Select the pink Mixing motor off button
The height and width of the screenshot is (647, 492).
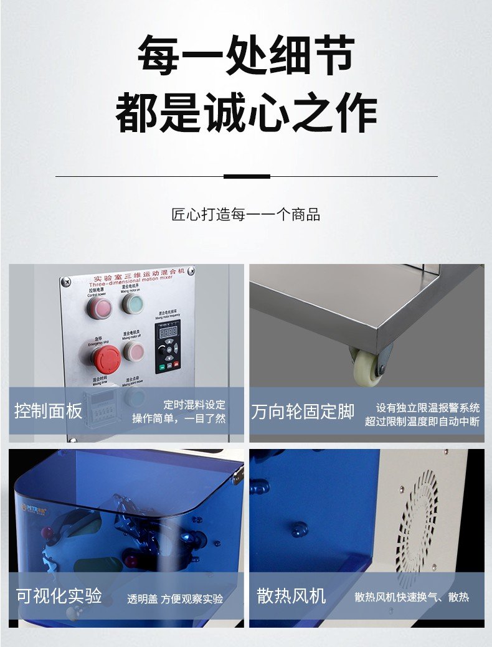pyautogui.click(x=133, y=351)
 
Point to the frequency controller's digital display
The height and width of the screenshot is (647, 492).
pyautogui.click(x=168, y=333)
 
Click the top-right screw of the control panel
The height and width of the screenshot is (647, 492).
pyautogui.click(x=191, y=270)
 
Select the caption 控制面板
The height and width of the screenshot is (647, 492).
pyautogui.click(x=49, y=412)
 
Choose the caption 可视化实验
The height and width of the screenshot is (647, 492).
pyautogui.click(x=59, y=596)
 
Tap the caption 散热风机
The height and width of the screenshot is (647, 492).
pyautogui.click(x=291, y=596)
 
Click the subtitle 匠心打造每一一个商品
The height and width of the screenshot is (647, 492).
pyautogui.click(x=246, y=215)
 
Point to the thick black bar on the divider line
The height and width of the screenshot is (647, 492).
pyautogui.click(x=247, y=176)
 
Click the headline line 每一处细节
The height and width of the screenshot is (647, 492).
pyautogui.click(x=246, y=56)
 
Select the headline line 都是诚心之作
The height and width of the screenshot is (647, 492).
pyautogui.click(x=246, y=113)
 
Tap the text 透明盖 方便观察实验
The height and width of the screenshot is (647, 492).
pyautogui.click(x=175, y=598)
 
